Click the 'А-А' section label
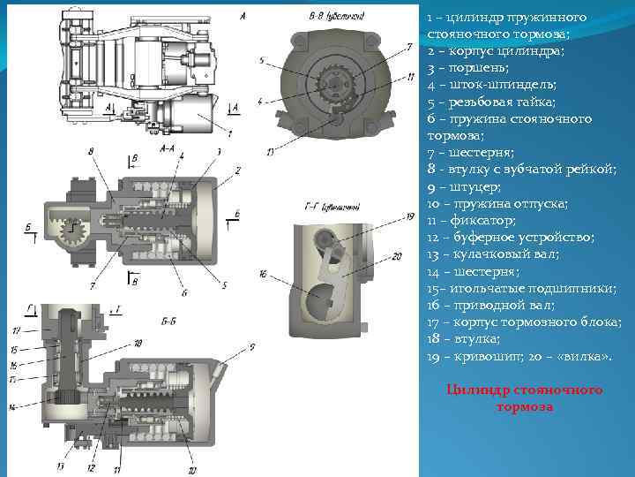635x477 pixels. coord(167,149)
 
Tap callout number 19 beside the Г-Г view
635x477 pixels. coord(409,216)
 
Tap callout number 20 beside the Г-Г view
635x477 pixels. coord(397,255)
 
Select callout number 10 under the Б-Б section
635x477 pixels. coord(191,470)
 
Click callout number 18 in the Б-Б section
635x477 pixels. coord(138,343)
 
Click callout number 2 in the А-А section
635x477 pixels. coord(237,169)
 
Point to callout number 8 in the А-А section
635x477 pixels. coord(91,152)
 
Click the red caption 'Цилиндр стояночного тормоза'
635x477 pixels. coord(524,398)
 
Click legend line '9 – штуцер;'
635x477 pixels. coord(464,186)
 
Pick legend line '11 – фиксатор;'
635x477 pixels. coord(472,220)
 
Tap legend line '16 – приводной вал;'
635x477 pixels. coord(490,305)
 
